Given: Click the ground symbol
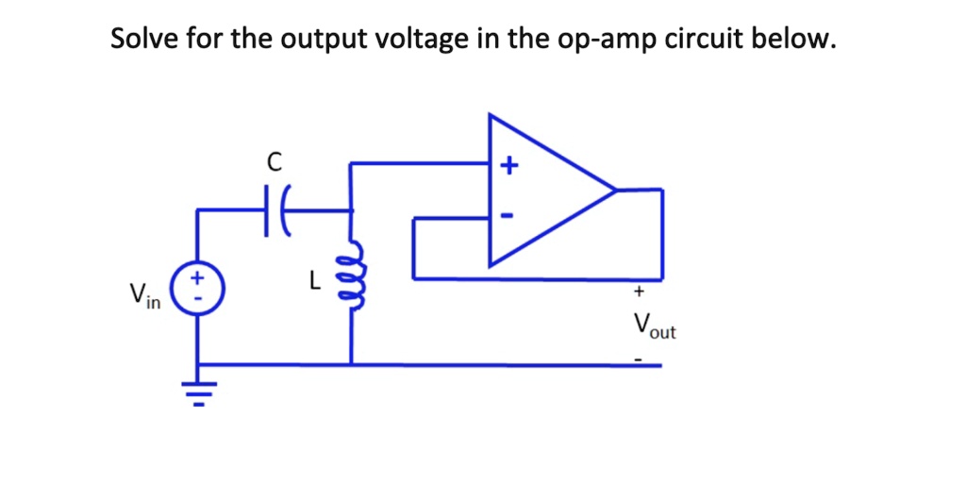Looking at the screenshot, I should pos(197,389).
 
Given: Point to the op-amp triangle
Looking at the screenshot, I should pos(538,190).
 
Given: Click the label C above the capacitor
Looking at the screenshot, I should pos(275,162).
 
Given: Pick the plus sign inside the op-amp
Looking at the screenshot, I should pos(508,167).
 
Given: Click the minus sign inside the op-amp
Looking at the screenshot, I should pos(508,216).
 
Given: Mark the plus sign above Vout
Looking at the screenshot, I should pos(639,292).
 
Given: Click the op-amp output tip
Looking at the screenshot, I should pos(615,190).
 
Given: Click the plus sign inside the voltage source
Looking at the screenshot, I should pos(196,279).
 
